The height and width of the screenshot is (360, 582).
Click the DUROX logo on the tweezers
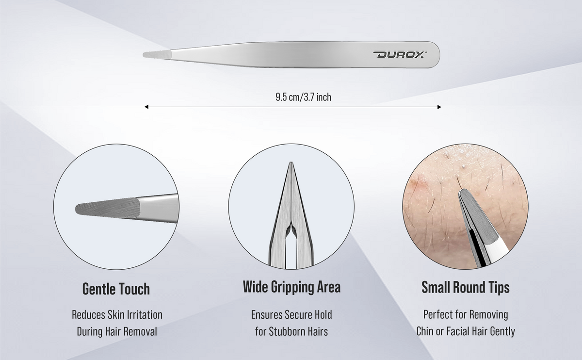(x=400, y=55)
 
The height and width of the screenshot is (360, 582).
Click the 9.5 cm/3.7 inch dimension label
(x=303, y=97)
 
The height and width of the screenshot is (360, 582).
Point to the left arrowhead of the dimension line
(x=146, y=107)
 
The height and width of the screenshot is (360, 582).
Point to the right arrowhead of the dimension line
(x=439, y=107)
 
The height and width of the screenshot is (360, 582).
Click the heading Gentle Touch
(x=116, y=289)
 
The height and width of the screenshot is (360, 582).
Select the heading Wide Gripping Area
(x=291, y=287)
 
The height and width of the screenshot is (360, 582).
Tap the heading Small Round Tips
(x=465, y=287)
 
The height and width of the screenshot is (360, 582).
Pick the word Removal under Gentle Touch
(x=140, y=331)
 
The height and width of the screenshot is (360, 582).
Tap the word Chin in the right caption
(x=424, y=331)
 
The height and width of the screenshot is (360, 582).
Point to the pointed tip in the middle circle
(x=291, y=163)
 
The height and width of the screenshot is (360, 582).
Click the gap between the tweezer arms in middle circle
(x=291, y=249)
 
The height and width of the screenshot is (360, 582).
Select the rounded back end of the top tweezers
(x=436, y=55)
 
